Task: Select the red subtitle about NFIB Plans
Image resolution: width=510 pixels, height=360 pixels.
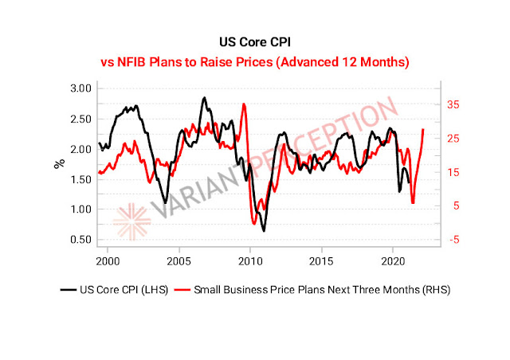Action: pyautogui.click(x=254, y=61)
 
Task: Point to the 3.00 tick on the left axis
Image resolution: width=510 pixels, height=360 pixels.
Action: pyautogui.click(x=78, y=88)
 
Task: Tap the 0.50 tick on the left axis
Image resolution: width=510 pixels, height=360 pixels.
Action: pyautogui.click(x=78, y=240)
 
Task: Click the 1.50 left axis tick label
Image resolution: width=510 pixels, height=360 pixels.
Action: pyautogui.click(x=78, y=179)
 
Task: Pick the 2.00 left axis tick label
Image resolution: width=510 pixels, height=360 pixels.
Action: pyautogui.click(x=78, y=149)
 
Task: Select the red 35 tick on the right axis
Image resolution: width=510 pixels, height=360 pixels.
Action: pyautogui.click(x=453, y=104)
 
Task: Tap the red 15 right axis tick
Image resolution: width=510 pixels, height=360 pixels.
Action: pyautogui.click(x=453, y=172)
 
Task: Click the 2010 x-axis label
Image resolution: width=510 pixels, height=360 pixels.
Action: pyautogui.click(x=250, y=261)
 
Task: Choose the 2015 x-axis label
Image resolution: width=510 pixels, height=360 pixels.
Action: pyautogui.click(x=321, y=261)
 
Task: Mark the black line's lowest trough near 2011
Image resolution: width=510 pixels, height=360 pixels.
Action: pyautogui.click(x=264, y=230)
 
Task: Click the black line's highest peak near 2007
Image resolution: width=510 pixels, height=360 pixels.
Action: pyautogui.click(x=204, y=98)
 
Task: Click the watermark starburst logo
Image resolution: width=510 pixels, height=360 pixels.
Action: pyautogui.click(x=128, y=222)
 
